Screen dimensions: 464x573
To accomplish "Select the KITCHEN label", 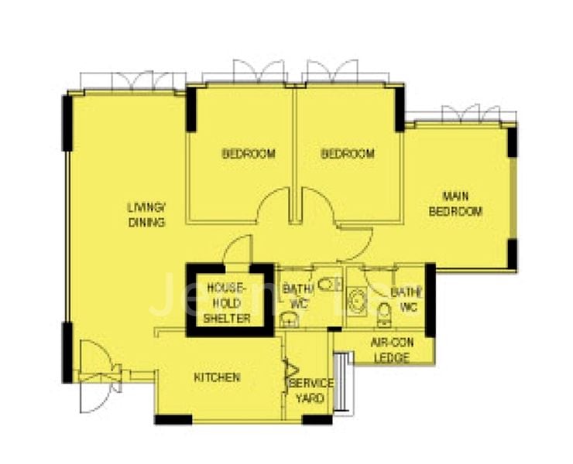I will point(216,378).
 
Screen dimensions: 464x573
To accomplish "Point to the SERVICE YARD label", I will point(311,391).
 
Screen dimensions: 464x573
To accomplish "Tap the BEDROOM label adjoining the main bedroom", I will point(348,154).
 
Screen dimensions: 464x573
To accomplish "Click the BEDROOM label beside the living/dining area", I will point(249,154).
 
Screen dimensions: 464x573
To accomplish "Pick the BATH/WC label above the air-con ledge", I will point(405,300).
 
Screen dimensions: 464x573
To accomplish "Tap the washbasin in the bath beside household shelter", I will point(288,319).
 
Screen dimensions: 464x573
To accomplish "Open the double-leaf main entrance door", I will point(98,379).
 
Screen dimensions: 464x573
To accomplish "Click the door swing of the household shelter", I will point(239,249).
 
